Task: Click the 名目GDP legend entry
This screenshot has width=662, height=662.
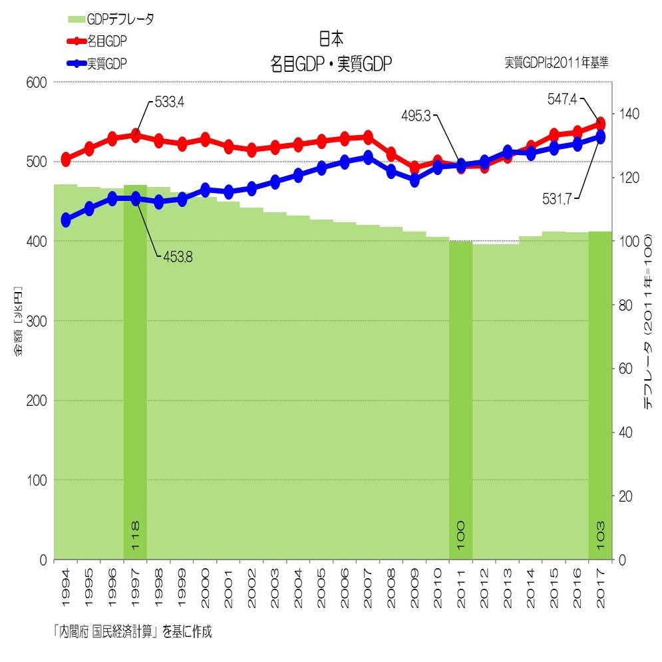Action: [x=106, y=41]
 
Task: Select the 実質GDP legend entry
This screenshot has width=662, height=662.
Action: [x=106, y=64]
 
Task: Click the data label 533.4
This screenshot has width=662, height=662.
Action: [x=169, y=102]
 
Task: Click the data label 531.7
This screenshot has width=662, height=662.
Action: [x=560, y=199]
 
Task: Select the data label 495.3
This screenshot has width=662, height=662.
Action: [x=417, y=116]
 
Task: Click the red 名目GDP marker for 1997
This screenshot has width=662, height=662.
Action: [x=135, y=136]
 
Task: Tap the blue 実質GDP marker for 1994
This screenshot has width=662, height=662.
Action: [x=65, y=220]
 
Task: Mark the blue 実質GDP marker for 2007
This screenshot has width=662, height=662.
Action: [x=368, y=158]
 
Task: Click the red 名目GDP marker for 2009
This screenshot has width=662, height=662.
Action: [x=414, y=168]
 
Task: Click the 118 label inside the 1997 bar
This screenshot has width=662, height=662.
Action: [x=135, y=535]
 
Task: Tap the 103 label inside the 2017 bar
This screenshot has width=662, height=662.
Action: [x=600, y=535]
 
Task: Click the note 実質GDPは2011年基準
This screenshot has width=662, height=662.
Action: [x=556, y=63]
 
